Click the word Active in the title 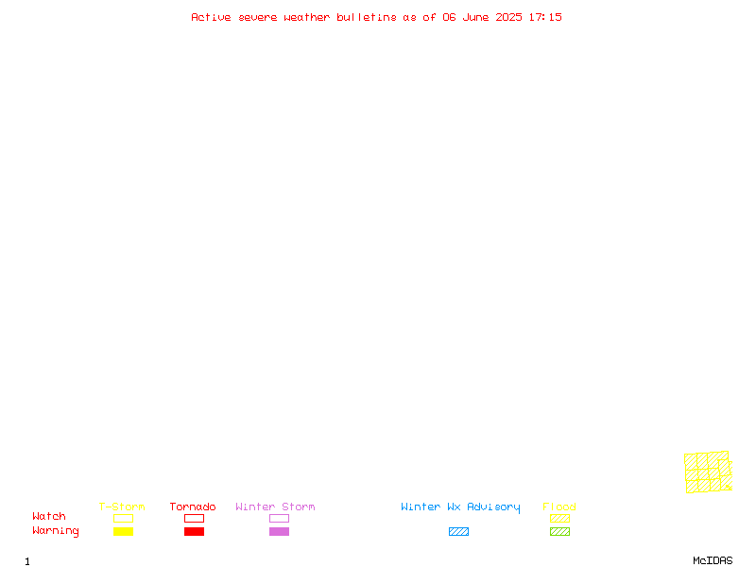point(211,17)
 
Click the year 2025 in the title point(508,17)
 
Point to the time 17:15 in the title point(545,17)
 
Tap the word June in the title point(475,17)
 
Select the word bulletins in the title point(367,17)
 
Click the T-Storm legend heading point(122,507)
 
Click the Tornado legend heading point(193,507)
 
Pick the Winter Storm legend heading point(275,507)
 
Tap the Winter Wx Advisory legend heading point(460,507)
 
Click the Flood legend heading point(559,507)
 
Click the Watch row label point(49,516)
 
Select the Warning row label point(56,531)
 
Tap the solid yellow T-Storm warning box point(124,531)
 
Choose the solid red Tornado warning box point(195,531)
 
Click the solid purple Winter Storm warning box point(279,531)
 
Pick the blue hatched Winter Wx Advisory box point(458,531)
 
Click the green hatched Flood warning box point(559,531)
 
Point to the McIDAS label point(713,560)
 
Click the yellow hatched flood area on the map point(708,472)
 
